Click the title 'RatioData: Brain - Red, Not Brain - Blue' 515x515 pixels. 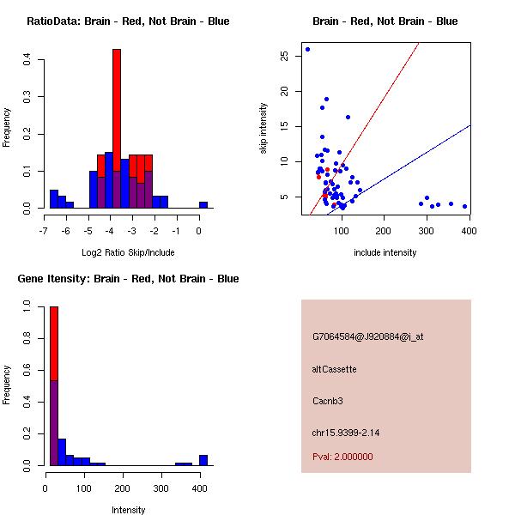click(x=128, y=21)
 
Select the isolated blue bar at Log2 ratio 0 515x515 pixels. click(x=203, y=205)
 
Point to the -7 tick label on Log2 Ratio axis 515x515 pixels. click(x=45, y=231)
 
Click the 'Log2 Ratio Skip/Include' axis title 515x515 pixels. click(x=128, y=253)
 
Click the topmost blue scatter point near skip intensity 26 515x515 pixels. click(x=307, y=50)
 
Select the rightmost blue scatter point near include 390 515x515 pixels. click(x=464, y=206)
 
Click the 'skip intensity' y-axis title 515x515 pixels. click(x=264, y=129)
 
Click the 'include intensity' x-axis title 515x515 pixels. click(x=385, y=253)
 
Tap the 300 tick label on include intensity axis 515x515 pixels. click(x=427, y=231)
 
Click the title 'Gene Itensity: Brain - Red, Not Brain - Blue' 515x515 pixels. click(x=128, y=279)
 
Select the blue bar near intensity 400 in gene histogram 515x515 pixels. click(x=203, y=460)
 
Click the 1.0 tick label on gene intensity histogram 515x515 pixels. click(x=28, y=305)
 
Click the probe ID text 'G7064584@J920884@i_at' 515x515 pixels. click(x=368, y=336)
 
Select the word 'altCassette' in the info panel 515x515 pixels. click(x=335, y=369)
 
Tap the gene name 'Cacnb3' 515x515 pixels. click(x=327, y=401)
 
